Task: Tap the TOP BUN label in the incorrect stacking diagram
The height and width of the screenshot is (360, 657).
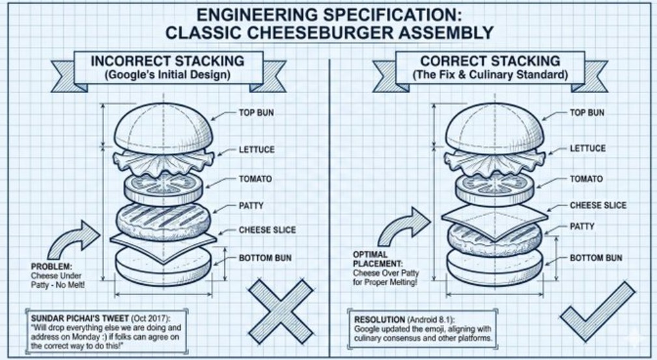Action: coord(257,113)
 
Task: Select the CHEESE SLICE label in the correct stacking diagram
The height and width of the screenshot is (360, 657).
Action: coord(598,205)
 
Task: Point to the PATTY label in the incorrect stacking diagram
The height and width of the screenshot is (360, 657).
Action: coord(251,206)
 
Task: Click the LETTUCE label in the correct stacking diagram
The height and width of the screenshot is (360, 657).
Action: coord(587,148)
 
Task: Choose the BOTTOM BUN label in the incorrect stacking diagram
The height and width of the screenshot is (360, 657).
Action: coord(265,258)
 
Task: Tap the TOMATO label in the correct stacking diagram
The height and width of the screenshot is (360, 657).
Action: coord(586,178)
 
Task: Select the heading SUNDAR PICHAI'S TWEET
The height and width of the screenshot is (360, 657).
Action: coord(72,318)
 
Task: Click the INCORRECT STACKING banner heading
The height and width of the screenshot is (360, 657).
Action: coord(167,61)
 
